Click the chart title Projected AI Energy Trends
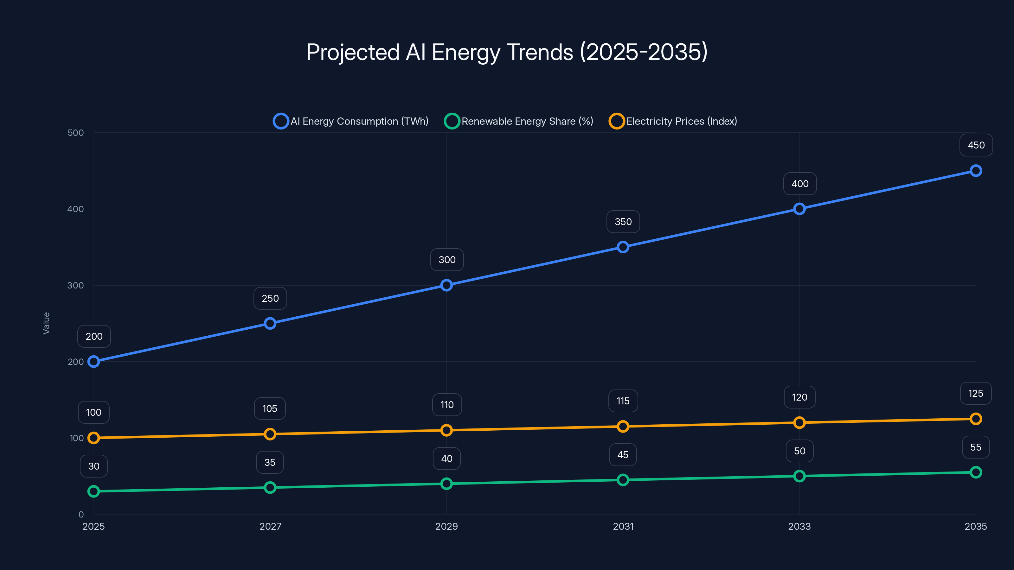click(507, 52)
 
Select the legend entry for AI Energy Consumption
click(351, 121)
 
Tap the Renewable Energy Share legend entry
click(519, 121)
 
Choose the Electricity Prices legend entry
click(673, 121)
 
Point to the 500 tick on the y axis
click(76, 133)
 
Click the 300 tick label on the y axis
click(76, 285)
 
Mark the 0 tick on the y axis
click(81, 514)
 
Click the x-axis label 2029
click(446, 526)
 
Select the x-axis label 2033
click(799, 526)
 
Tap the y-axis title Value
click(46, 323)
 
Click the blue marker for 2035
click(975, 171)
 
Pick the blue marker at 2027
click(270, 323)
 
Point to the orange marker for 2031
click(623, 427)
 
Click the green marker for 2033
click(799, 476)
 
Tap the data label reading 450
click(976, 145)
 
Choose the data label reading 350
click(623, 222)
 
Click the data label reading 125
click(975, 393)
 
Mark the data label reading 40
click(446, 459)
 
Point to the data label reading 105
click(270, 409)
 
